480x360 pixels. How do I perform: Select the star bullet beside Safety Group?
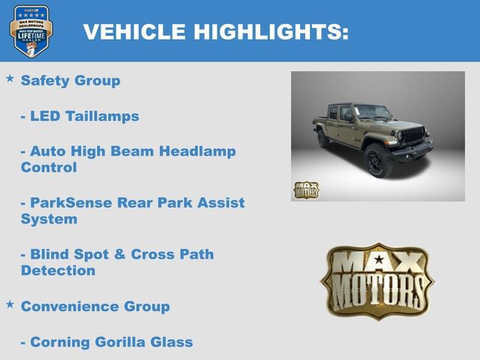point(10,78)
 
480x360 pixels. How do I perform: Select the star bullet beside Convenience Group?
point(10,304)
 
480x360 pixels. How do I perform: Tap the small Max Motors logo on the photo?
point(306,190)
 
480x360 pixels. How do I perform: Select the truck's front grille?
point(412,136)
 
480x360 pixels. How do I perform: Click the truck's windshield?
point(373,113)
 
